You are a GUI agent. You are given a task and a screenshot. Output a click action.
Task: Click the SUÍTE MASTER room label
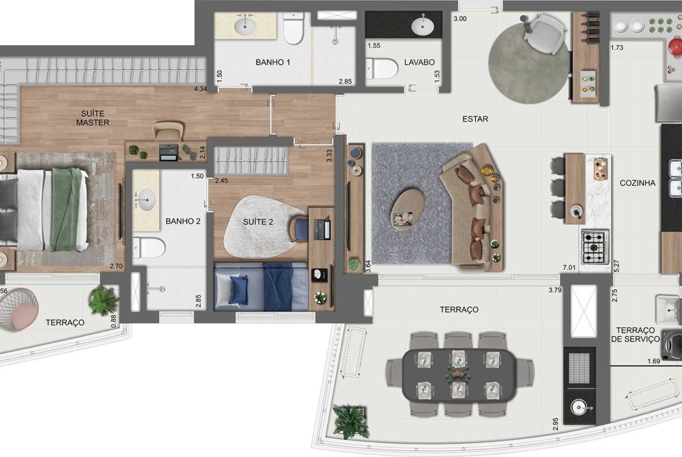click(x=93, y=118)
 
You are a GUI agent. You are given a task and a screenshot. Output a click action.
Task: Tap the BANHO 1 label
click(x=273, y=62)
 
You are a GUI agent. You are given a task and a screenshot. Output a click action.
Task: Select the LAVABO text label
click(x=419, y=62)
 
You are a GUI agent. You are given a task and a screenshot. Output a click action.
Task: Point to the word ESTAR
click(x=475, y=119)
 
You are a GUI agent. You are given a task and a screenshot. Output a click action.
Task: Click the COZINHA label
click(x=637, y=183)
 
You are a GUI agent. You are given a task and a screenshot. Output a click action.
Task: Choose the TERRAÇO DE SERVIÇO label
click(x=635, y=335)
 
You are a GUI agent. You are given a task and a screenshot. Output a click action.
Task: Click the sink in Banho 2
click(x=146, y=200)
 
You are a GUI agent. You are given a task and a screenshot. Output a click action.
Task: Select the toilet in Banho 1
click(x=293, y=29)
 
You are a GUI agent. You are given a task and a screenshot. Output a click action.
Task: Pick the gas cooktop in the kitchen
click(x=594, y=247)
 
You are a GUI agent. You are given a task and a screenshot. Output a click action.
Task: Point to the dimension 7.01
click(x=569, y=268)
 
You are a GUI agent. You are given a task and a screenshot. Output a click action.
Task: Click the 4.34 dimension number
click(x=201, y=89)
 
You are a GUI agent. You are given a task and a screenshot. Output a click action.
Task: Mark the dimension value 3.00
click(x=460, y=19)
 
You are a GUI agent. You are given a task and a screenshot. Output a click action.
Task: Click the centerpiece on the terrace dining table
click(x=458, y=373)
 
